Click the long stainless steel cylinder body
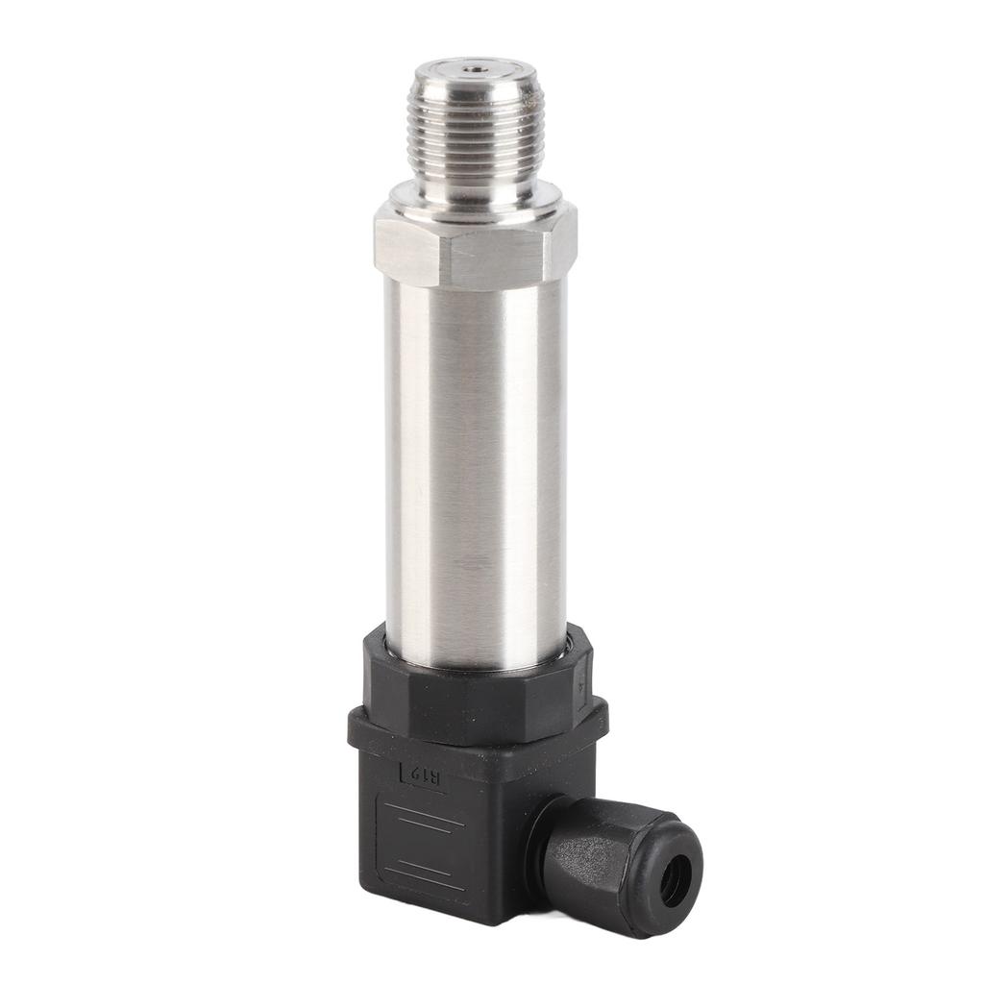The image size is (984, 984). pyautogui.click(x=476, y=461)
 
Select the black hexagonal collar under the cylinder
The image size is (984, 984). pyautogui.click(x=476, y=687)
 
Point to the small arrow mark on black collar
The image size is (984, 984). pyautogui.click(x=579, y=684)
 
